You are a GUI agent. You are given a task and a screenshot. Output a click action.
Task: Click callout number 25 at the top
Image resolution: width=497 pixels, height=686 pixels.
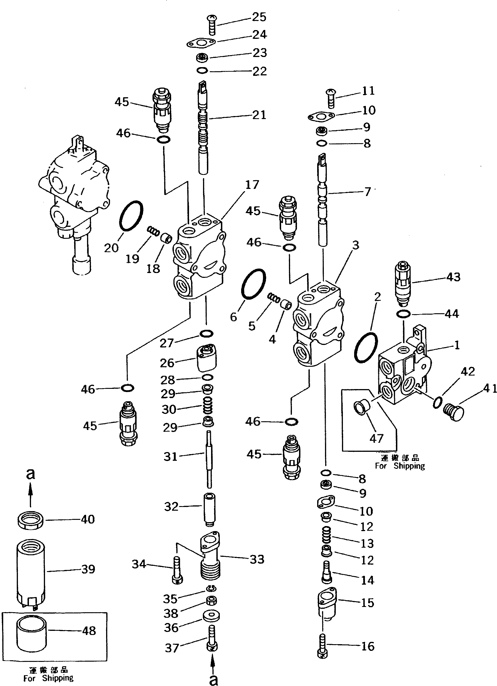(x=259, y=17)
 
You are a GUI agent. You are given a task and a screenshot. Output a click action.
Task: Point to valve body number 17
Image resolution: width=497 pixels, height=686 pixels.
(x=200, y=260)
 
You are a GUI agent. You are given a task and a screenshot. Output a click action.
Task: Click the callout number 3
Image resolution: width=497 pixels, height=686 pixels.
(x=356, y=245)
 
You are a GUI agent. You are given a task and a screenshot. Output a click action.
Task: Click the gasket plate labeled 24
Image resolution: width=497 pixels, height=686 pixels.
(x=201, y=43)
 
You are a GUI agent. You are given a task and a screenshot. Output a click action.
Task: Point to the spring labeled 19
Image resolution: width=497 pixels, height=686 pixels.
(x=153, y=232)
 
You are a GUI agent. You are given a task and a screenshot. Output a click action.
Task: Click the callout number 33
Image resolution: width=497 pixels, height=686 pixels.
(x=257, y=559)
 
